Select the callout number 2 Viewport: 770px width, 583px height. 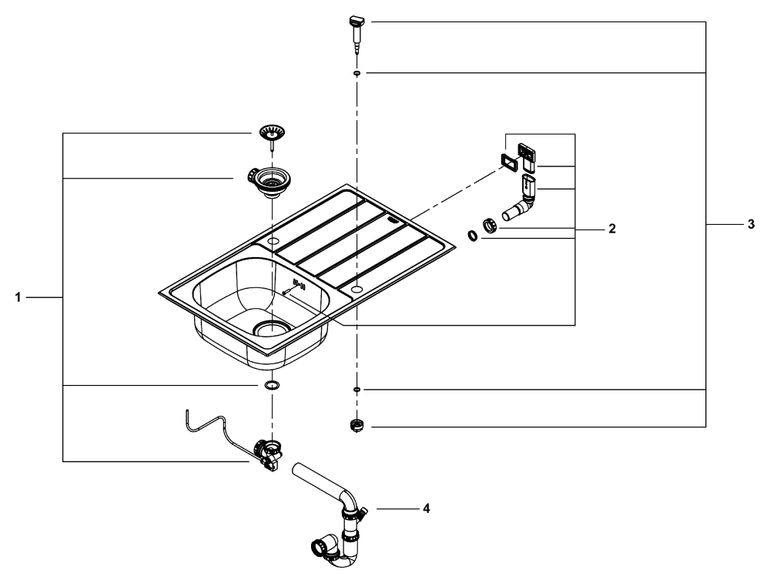point(612,230)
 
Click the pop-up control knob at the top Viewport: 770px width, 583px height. point(357,32)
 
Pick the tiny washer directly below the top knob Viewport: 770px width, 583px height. point(357,72)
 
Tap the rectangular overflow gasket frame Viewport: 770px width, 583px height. point(509,159)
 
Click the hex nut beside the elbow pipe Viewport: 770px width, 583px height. point(489,225)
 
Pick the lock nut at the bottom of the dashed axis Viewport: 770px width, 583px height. point(356,425)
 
